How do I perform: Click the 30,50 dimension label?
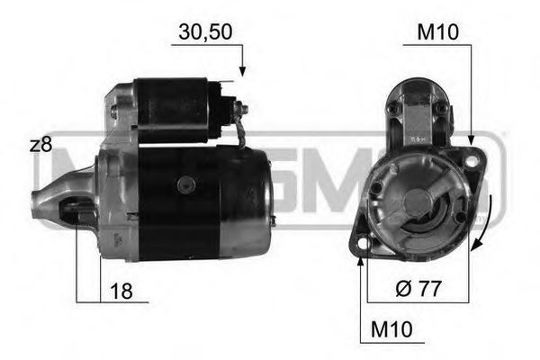[205, 32]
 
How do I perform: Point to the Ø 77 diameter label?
[418, 290]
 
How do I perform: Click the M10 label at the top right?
[438, 32]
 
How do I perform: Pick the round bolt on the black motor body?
[187, 184]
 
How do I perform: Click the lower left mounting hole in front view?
[363, 242]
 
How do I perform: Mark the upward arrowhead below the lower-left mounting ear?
[361, 262]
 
